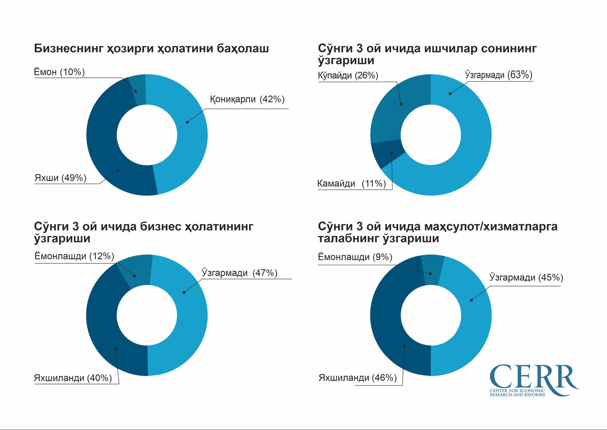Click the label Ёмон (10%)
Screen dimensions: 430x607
pyautogui.click(x=59, y=72)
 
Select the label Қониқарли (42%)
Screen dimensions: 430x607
pyautogui.click(x=247, y=99)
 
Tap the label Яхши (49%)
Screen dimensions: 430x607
pyautogui.click(x=60, y=178)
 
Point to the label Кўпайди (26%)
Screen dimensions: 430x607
pyautogui.click(x=348, y=75)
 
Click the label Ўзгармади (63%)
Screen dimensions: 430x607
pyautogui.click(x=497, y=75)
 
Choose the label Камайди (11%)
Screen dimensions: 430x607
pyautogui.click(x=351, y=184)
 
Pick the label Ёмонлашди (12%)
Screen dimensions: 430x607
pyautogui.click(x=74, y=256)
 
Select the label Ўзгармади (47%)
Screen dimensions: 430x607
pyautogui.click(x=239, y=273)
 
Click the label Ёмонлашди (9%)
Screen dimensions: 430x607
pyautogui.click(x=355, y=257)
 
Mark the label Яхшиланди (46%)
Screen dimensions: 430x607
pyautogui.click(x=358, y=378)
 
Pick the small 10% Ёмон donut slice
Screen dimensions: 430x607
pyautogui.click(x=137, y=89)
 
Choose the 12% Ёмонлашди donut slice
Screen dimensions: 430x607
pyautogui.click(x=137, y=271)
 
